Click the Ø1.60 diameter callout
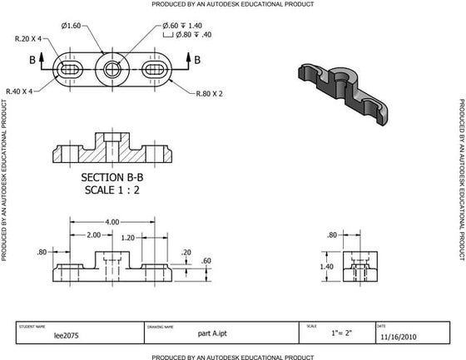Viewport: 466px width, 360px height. pos(72,26)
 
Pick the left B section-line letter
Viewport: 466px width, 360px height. pos(32,60)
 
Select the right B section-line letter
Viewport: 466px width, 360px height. pos(197,59)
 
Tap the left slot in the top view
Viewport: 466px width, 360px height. pos(70,68)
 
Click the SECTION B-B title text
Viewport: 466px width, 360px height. pos(114,177)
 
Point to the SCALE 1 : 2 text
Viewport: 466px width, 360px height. pos(114,190)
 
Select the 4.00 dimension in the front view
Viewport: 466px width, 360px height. pos(111,222)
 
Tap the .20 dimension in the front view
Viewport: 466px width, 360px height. pos(186,252)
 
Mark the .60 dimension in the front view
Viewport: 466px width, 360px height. pos(207,261)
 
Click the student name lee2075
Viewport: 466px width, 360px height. pos(66,337)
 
